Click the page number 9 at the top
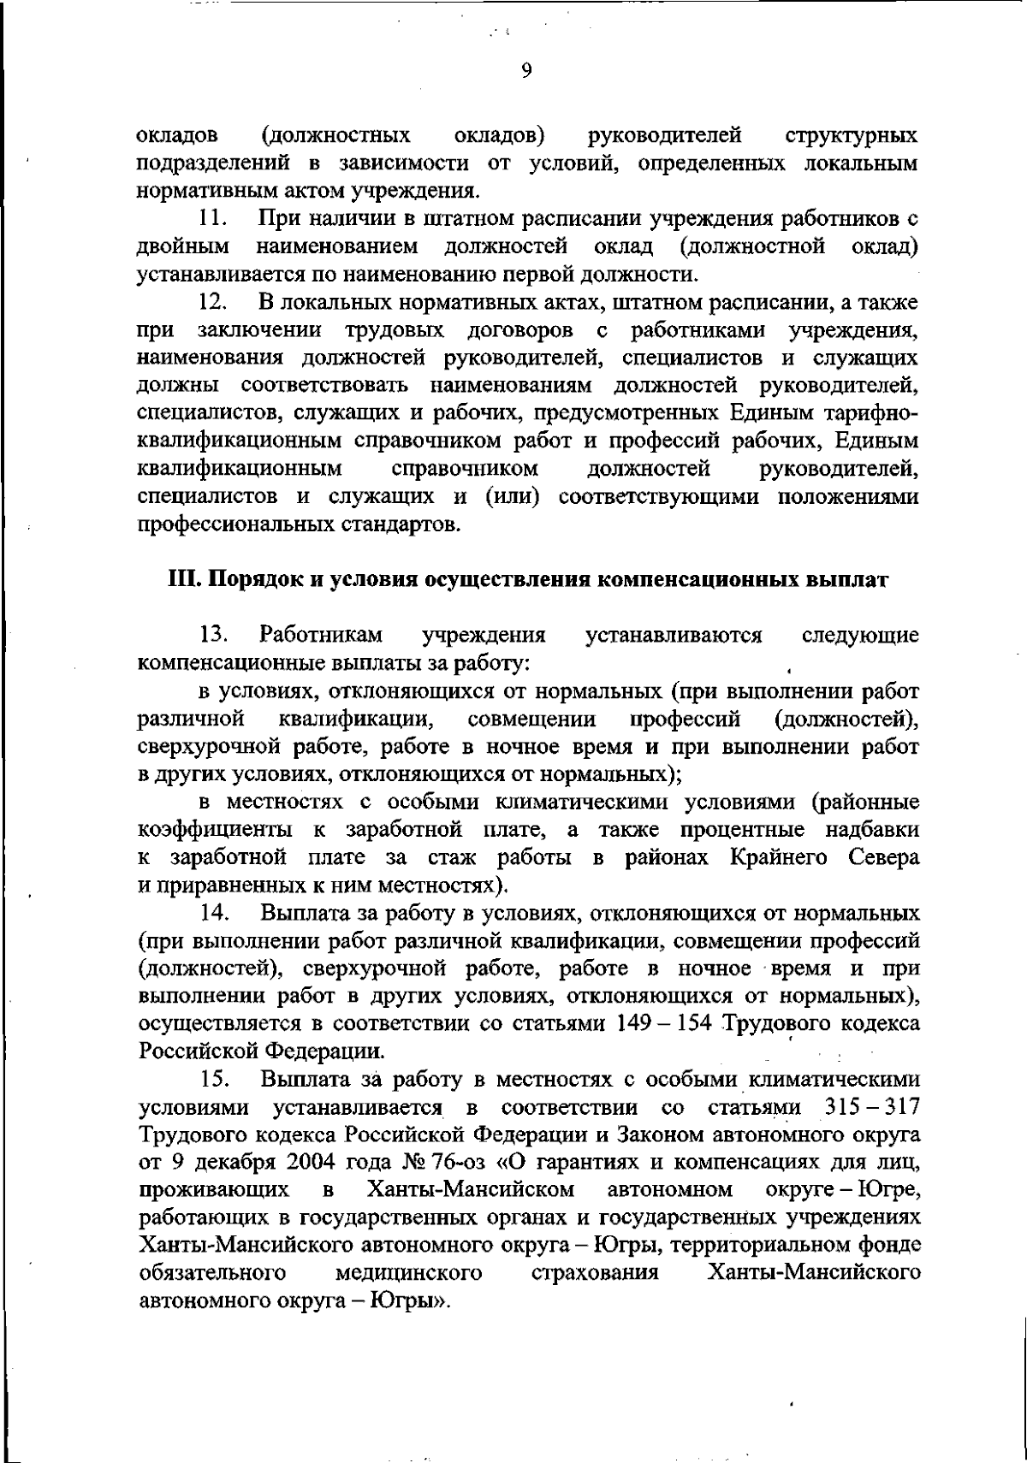coord(526,72)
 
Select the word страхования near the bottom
coord(595,1274)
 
